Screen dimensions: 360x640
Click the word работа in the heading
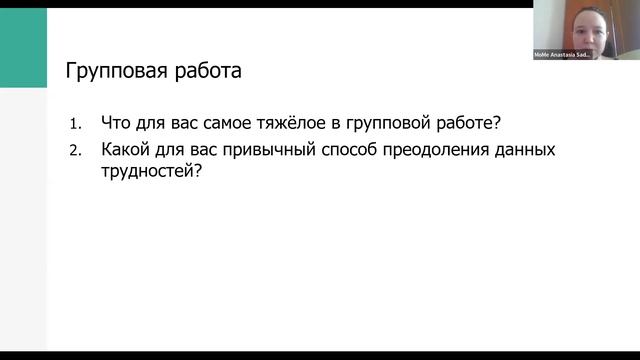click(x=205, y=72)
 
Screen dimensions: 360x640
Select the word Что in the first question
click(x=114, y=125)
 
